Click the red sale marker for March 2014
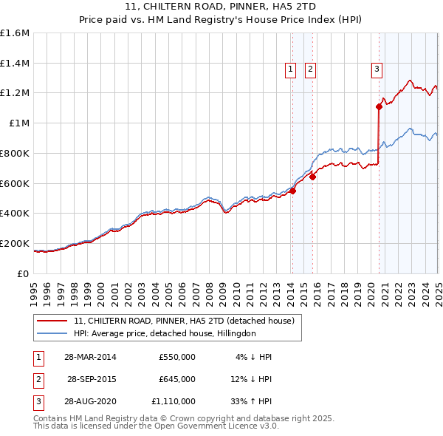point(292,191)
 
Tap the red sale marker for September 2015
point(312,177)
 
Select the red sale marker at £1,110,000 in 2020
point(379,106)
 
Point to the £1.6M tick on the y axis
point(15,33)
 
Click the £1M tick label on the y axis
point(20,123)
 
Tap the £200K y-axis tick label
point(15,243)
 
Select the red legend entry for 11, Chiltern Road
point(184,321)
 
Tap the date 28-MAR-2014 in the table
point(90,357)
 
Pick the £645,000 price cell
point(177,379)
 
